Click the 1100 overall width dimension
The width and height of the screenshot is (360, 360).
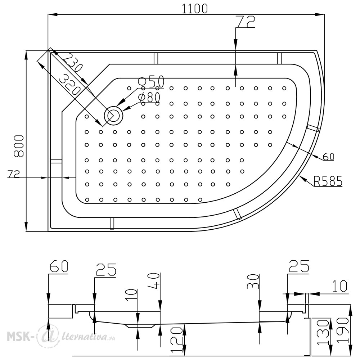tap(195, 9)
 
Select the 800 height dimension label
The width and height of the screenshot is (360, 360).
tap(19, 146)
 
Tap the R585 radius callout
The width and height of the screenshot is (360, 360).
tap(328, 181)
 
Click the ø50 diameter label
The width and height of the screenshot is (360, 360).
tap(151, 81)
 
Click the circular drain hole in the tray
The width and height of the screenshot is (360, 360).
tap(114, 116)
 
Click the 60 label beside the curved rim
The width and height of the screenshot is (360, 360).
tap(329, 157)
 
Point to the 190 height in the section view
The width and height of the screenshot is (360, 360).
tap(343, 330)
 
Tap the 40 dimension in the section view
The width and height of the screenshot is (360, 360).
tap(154, 280)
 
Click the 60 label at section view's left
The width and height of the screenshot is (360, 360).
tap(59, 266)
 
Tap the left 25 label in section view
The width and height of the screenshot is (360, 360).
tap(106, 270)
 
